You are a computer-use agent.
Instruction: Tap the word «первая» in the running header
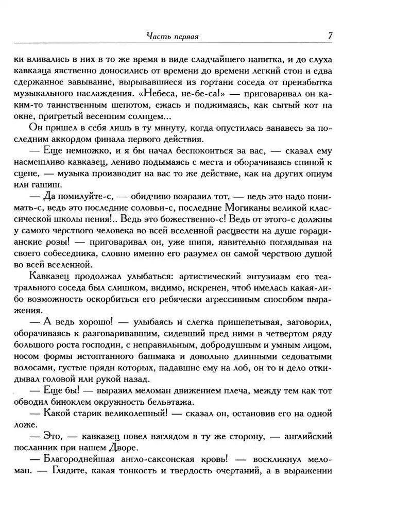pos(186,37)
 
